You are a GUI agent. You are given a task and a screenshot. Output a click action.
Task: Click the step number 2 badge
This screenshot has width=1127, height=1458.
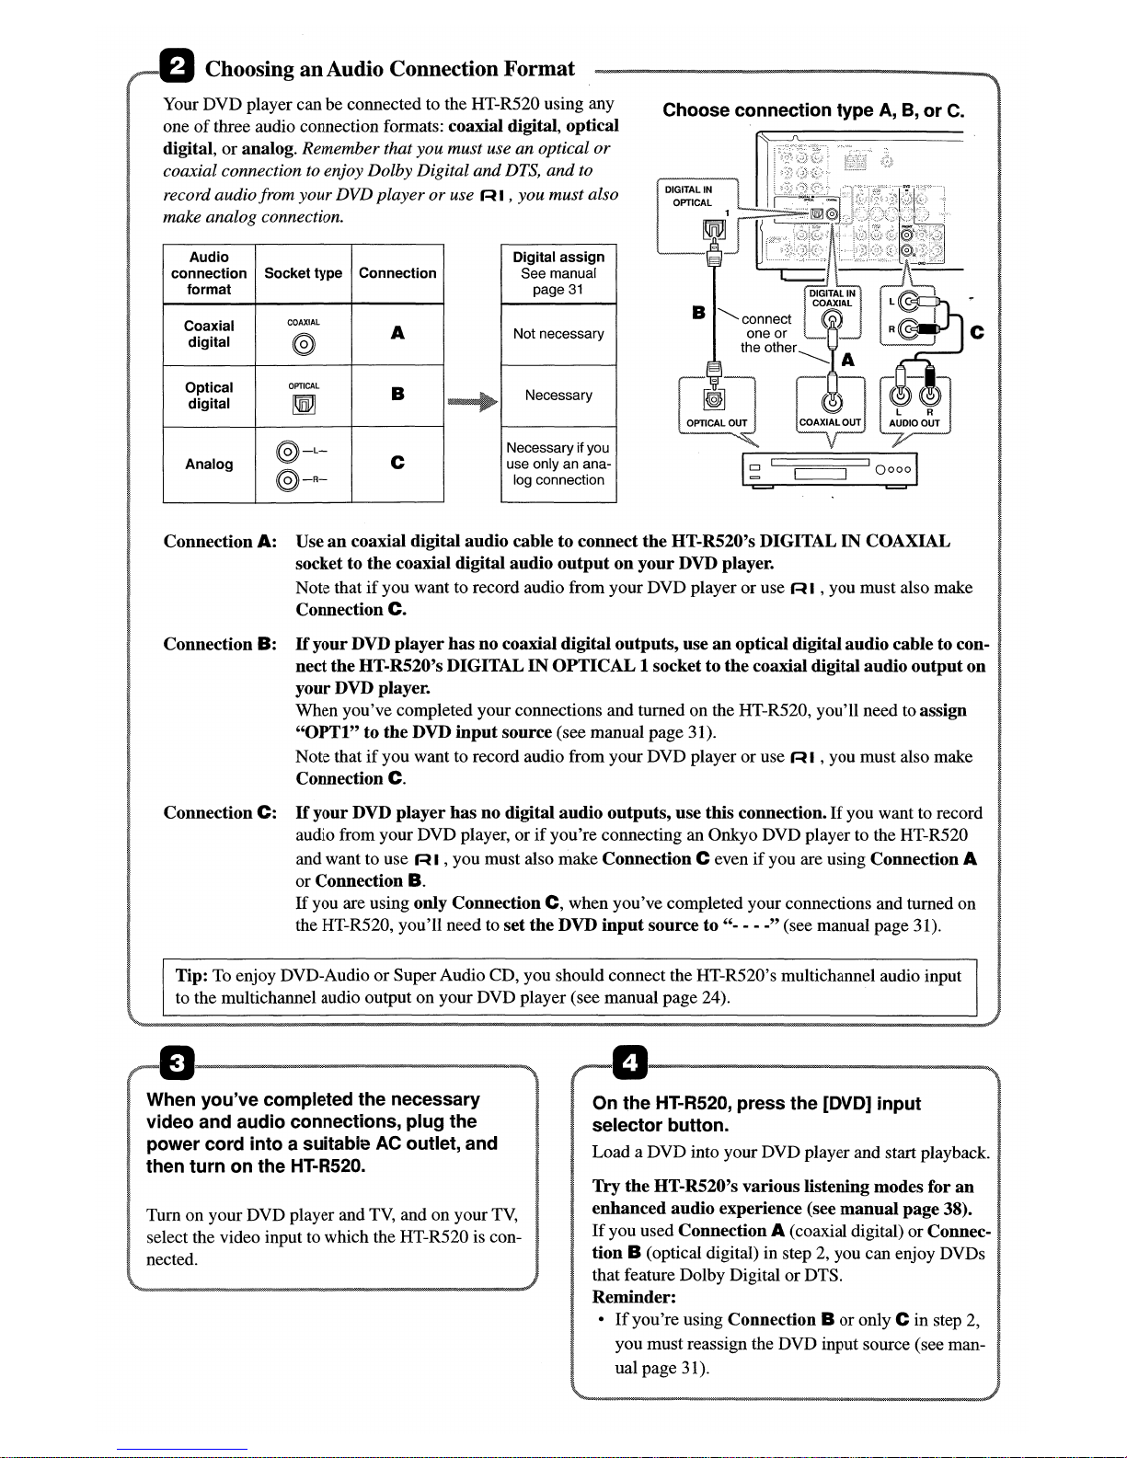tap(173, 67)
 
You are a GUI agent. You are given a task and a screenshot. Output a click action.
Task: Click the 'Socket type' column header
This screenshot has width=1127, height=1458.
tap(303, 273)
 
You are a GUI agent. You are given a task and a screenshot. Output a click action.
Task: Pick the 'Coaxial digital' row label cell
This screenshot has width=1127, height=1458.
tap(209, 334)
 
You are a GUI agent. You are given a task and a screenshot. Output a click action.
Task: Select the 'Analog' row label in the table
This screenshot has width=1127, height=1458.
tap(209, 465)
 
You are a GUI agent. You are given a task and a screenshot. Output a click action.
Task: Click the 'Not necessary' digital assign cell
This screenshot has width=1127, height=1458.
tap(558, 334)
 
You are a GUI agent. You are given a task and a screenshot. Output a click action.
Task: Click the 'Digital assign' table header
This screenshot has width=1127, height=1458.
tap(558, 272)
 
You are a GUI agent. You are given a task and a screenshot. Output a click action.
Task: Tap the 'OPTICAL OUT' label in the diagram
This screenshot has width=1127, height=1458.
tap(717, 423)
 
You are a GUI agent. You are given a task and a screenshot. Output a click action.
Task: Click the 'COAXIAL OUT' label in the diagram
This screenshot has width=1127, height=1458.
tap(831, 423)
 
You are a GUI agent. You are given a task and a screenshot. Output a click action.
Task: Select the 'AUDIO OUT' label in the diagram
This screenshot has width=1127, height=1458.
tap(914, 423)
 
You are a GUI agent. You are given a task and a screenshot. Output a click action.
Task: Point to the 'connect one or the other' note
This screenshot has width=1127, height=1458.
tap(767, 333)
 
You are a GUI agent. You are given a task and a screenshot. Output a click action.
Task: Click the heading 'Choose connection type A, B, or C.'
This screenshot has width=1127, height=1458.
tap(813, 110)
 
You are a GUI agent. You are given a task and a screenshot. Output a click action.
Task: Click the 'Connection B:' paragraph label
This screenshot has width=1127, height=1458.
tap(220, 644)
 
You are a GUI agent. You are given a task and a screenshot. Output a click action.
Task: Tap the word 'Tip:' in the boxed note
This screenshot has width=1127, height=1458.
tap(192, 976)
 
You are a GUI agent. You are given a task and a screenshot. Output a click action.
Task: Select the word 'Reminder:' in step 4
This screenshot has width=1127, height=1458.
tap(635, 1297)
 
